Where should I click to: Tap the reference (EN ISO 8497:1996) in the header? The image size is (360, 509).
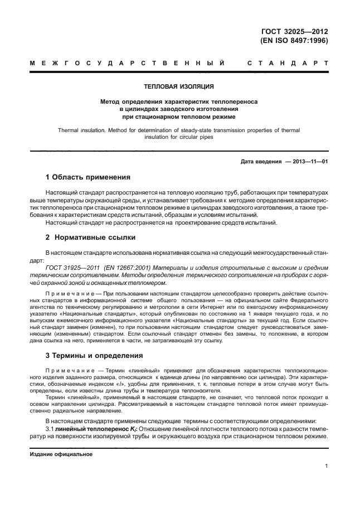click(294, 41)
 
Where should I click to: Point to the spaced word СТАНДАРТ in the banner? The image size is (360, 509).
click(288, 63)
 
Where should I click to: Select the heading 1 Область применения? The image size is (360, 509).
click(87, 178)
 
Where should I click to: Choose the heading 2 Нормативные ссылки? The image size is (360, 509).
click(82, 237)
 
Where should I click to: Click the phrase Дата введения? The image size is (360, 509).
click(260, 162)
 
